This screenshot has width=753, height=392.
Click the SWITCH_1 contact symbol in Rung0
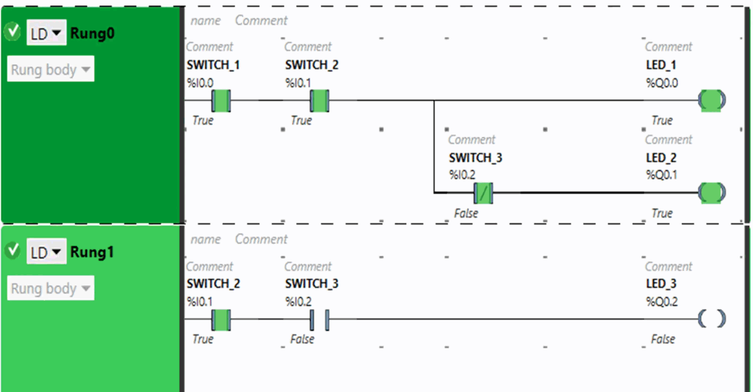(221, 100)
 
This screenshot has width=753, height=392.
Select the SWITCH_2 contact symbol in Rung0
(320, 100)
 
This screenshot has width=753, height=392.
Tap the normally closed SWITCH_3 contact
(483, 193)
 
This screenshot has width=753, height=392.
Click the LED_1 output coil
(712, 100)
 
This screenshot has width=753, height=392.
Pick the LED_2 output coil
(712, 193)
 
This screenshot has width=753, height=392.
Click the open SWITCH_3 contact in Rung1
(320, 319)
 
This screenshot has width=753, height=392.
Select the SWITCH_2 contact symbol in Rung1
(221, 319)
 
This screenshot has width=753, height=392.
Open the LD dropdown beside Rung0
(46, 33)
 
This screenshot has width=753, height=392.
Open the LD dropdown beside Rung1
(46, 251)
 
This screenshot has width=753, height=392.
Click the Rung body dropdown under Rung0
(51, 69)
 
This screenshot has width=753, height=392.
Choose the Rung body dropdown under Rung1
(51, 288)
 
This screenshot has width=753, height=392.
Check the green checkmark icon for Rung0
(13, 32)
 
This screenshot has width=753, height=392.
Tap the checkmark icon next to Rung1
(13, 251)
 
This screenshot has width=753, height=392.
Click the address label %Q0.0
(662, 83)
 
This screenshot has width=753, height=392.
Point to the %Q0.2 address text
(662, 302)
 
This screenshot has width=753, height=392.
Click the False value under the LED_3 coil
(663, 339)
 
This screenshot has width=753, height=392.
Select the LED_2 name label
(661, 158)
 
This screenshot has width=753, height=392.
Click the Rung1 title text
(92, 252)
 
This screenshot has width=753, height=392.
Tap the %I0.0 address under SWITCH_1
(200, 83)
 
